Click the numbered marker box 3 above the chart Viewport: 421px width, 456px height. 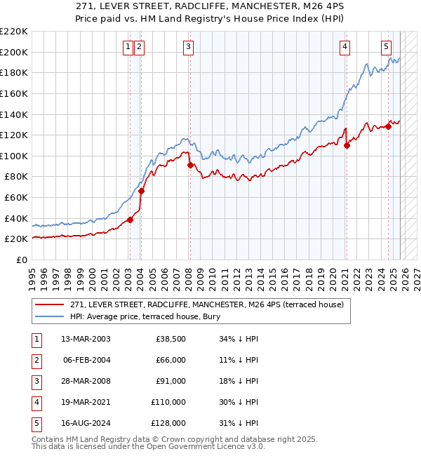[x=189, y=47]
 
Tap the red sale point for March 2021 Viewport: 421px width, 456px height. [x=347, y=145]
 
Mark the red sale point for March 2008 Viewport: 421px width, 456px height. [x=190, y=166]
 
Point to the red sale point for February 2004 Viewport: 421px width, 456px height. [x=141, y=191]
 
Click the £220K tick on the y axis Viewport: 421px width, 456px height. [x=14, y=32]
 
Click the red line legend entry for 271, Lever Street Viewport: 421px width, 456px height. [x=206, y=304]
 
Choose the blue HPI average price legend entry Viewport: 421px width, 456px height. [x=145, y=316]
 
